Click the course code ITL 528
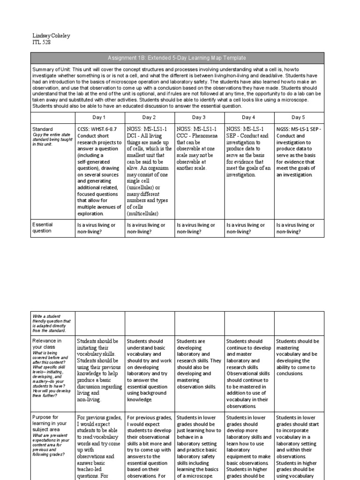[x=41, y=42]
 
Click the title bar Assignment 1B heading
[x=177, y=58]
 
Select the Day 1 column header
[x=100, y=117]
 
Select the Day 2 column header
[x=149, y=117]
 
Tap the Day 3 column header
[x=199, y=117]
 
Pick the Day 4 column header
[x=248, y=117]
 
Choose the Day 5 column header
[x=298, y=117]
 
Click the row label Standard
[x=42, y=129]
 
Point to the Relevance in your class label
[x=46, y=344]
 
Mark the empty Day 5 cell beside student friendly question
[x=299, y=323]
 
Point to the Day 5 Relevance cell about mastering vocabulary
[x=298, y=358]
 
